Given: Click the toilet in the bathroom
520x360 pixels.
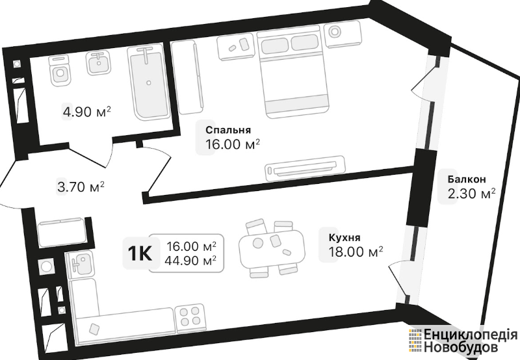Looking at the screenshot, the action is tap(59, 71).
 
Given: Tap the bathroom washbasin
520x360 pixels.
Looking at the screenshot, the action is tap(98, 63).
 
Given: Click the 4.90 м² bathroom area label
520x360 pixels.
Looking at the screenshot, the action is tap(86, 112).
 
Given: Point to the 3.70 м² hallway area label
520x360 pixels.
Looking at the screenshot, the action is tap(81, 188).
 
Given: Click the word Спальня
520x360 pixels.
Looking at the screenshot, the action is tap(228, 129).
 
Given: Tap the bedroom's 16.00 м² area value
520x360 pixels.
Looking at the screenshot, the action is tap(233, 144).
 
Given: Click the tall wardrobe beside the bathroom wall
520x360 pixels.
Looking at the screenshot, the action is tap(187, 77).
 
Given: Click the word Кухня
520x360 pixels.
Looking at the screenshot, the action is tap(344, 237).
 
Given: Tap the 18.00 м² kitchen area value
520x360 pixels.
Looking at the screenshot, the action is tap(356, 252).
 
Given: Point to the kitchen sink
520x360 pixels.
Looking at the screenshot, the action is tap(79, 264).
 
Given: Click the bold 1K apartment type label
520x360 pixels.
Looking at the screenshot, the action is tap(139, 254).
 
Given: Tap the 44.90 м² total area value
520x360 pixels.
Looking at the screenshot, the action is tap(192, 261).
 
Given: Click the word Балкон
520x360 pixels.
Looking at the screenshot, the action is tap(467, 179).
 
